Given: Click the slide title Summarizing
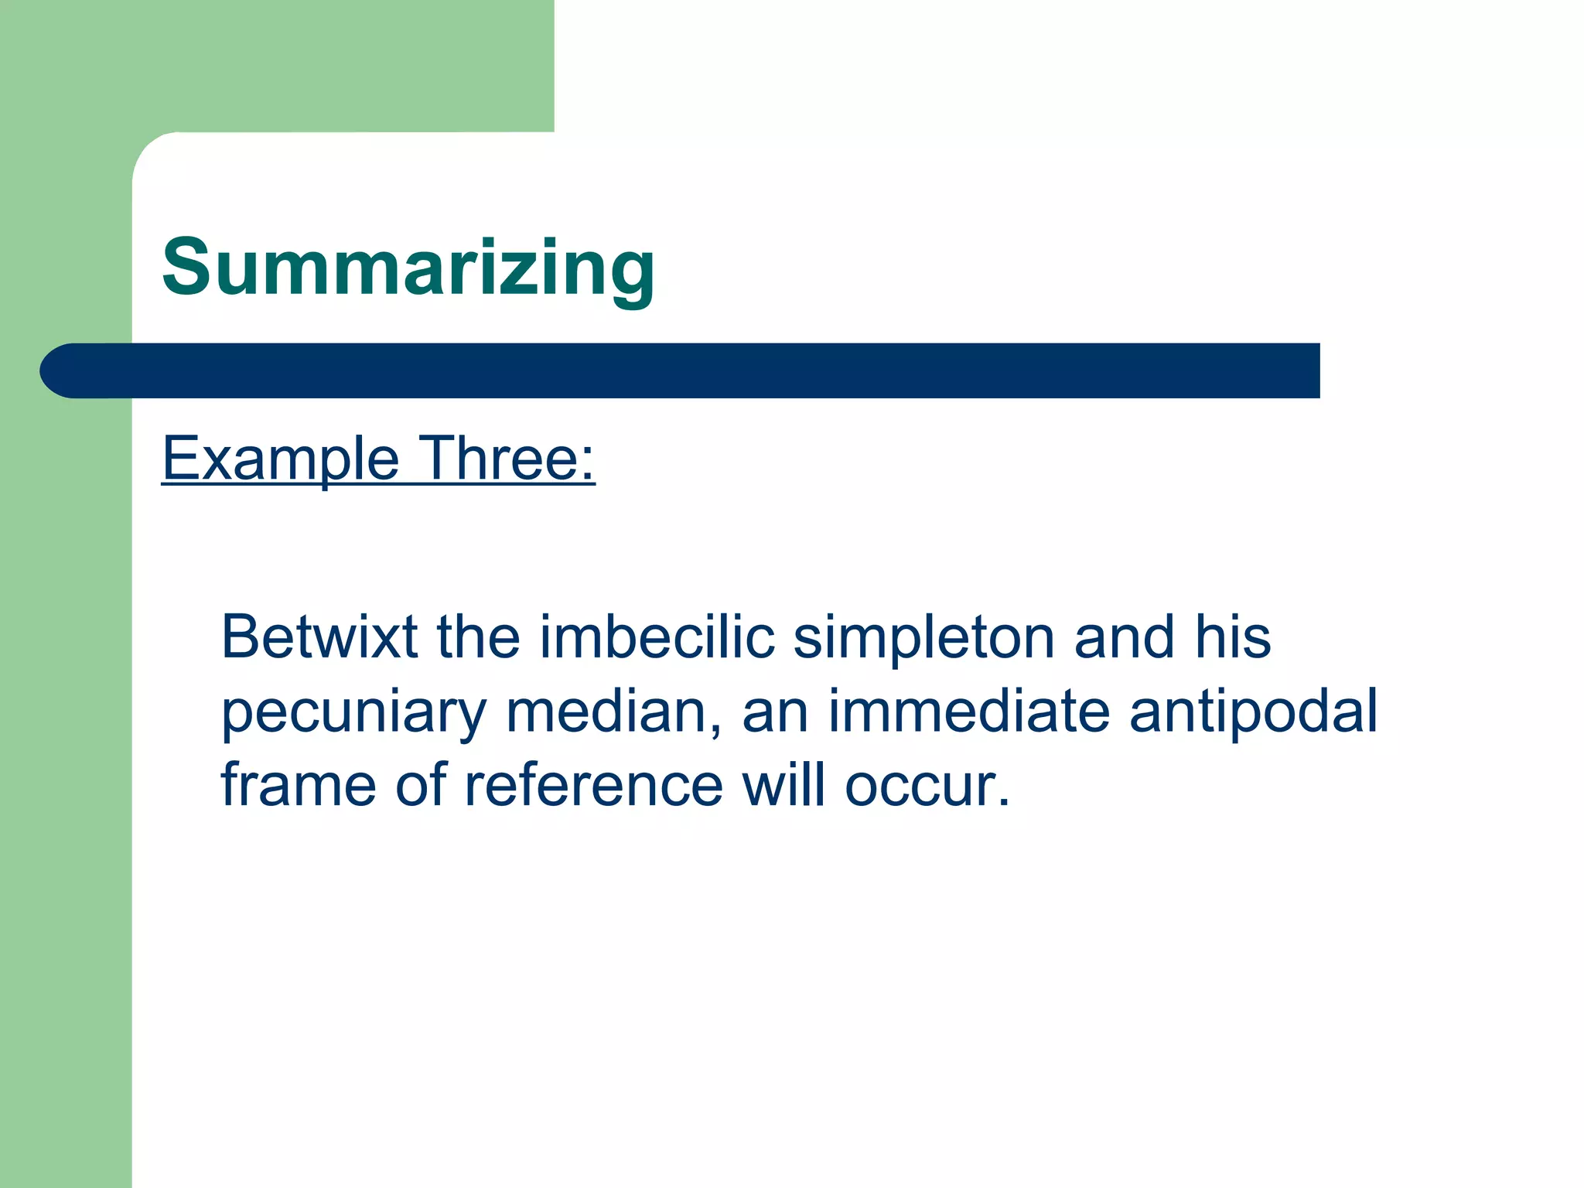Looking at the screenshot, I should click(x=408, y=268).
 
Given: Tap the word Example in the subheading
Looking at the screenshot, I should click(x=280, y=459).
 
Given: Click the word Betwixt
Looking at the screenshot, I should click(x=319, y=637).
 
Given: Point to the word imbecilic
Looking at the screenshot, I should click(x=657, y=637).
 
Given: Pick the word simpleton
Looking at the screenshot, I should click(x=924, y=638).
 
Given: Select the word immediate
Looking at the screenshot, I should click(x=969, y=711).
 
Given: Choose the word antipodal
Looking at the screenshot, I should click(x=1253, y=712).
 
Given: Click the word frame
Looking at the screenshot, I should click(x=299, y=785).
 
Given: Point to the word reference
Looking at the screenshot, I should click(x=593, y=785).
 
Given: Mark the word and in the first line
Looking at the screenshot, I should click(x=1125, y=637).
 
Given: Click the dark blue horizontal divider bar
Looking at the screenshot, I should click(x=696, y=370).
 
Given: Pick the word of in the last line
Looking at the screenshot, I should click(x=421, y=785).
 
